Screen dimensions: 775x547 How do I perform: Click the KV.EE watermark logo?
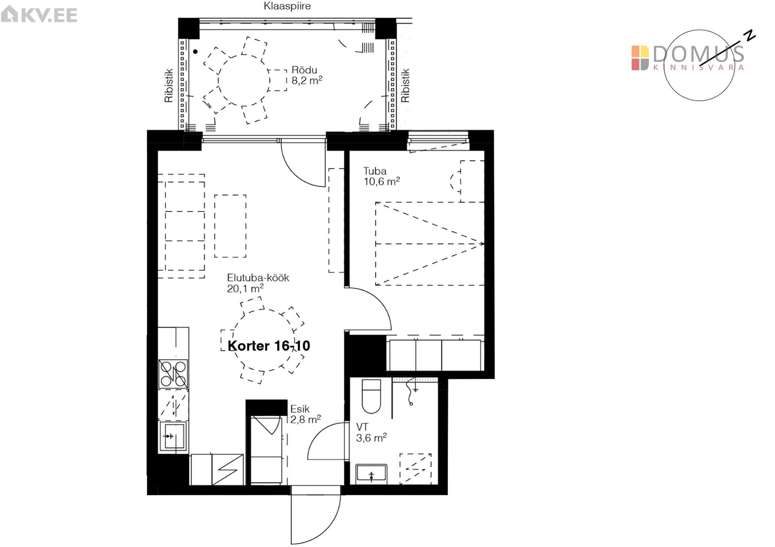(x=39, y=15)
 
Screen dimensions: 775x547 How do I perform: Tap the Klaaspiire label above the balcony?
(x=287, y=6)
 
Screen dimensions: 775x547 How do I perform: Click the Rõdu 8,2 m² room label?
(x=307, y=75)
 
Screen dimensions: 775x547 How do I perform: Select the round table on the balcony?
(x=243, y=80)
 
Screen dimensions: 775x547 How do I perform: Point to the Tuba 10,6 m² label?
(x=381, y=176)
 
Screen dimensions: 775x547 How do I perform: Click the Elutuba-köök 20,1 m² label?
(x=258, y=283)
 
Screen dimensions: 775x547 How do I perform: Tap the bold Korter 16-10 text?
(x=269, y=346)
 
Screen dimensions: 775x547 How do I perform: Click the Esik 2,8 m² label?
(x=306, y=414)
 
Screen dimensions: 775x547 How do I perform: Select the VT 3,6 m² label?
(x=371, y=432)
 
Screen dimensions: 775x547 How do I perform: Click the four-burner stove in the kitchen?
(x=173, y=374)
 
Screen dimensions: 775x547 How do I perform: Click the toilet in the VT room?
(x=371, y=396)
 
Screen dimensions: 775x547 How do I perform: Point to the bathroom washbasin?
(x=371, y=474)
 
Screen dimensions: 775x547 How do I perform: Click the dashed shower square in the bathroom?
(x=415, y=469)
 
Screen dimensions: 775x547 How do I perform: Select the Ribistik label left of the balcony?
(x=169, y=85)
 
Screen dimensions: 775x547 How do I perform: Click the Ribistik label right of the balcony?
(x=405, y=85)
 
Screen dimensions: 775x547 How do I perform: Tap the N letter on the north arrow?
(x=750, y=36)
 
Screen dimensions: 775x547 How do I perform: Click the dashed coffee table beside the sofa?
(x=230, y=226)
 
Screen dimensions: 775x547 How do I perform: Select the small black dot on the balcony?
(x=195, y=51)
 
